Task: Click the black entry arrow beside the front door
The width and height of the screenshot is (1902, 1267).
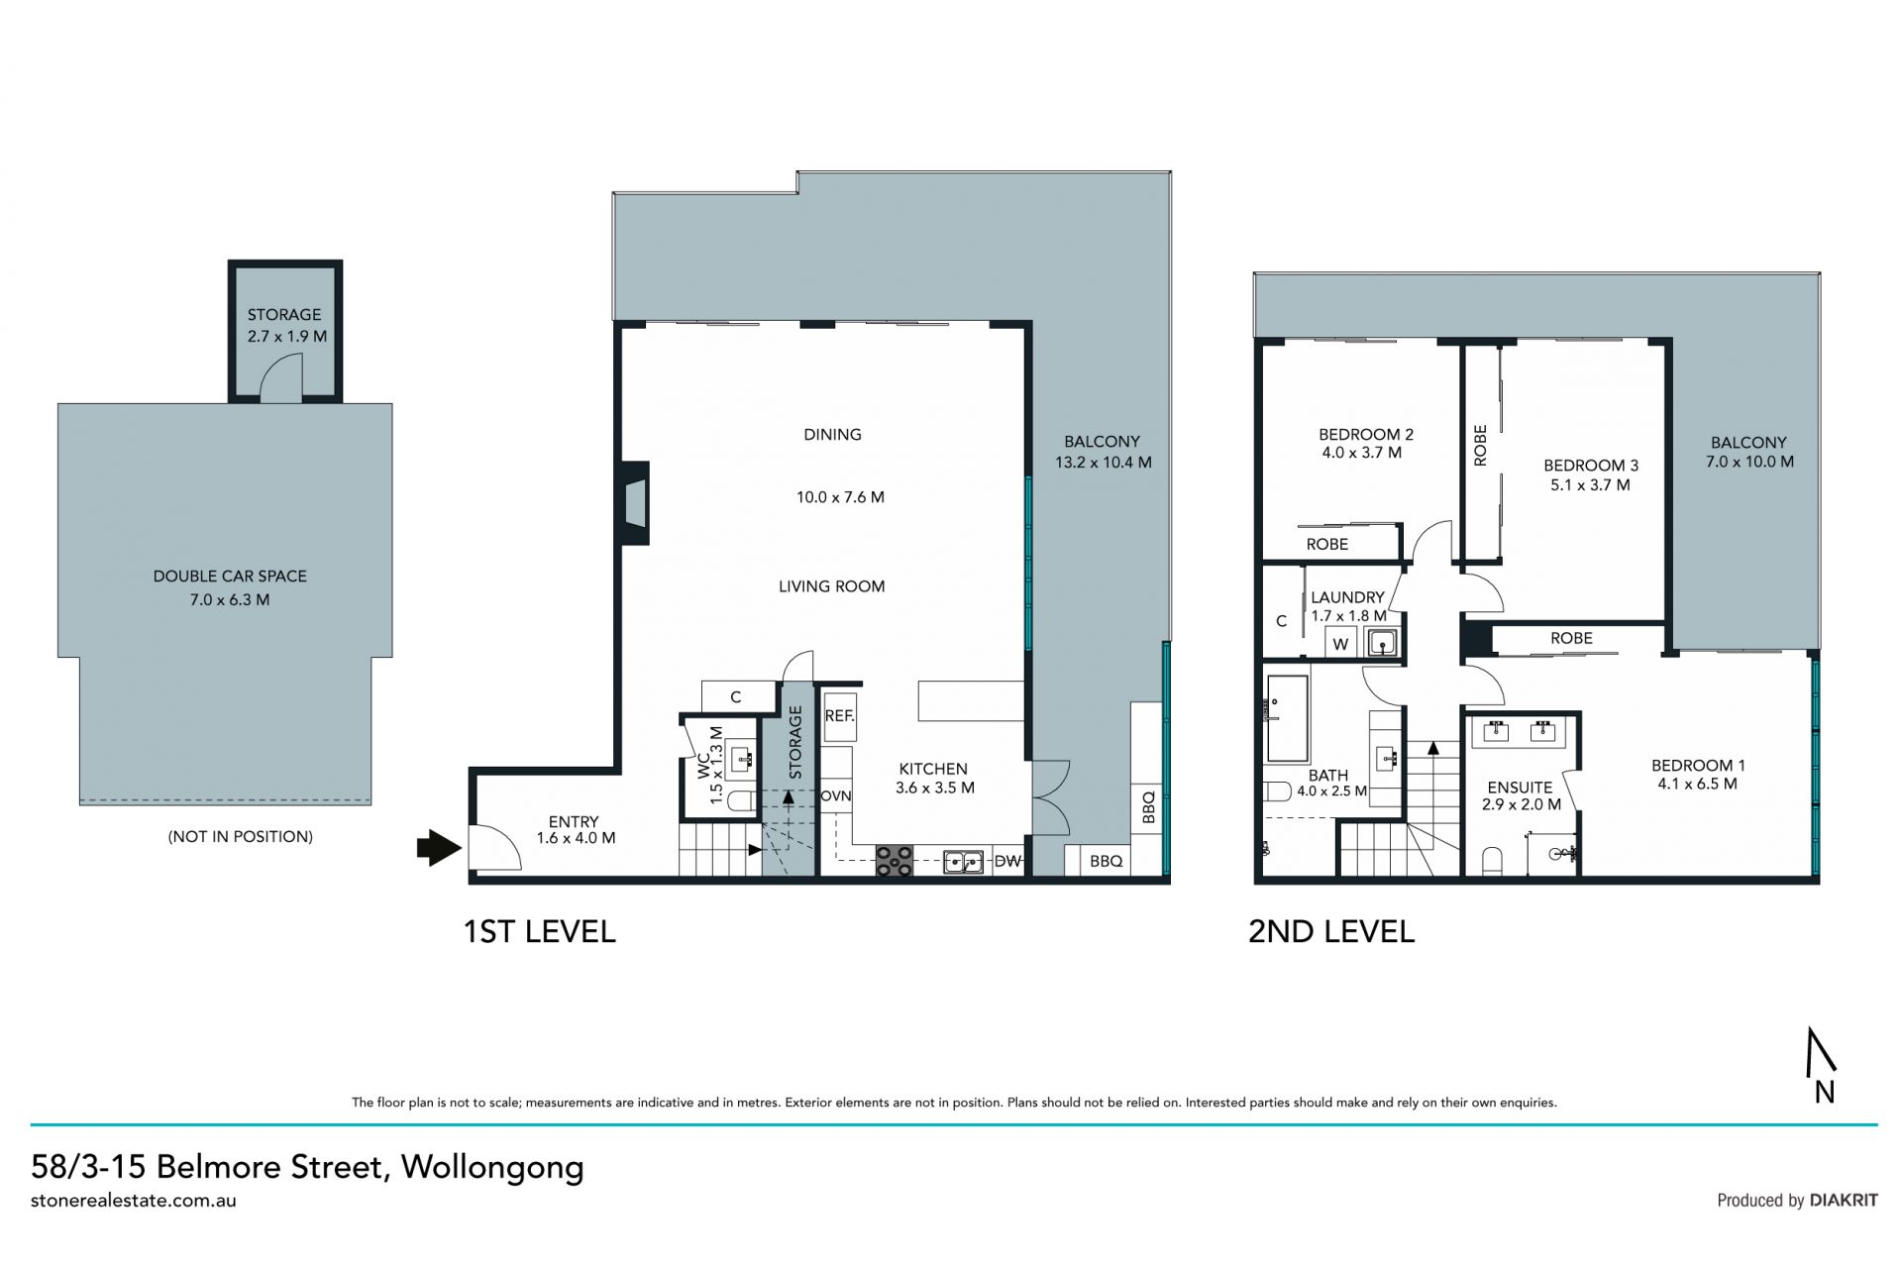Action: tap(439, 847)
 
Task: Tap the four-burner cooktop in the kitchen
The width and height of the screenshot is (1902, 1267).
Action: tap(895, 860)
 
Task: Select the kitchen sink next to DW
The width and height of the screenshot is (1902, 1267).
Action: tap(963, 862)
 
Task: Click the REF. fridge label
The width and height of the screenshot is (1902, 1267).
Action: tap(839, 714)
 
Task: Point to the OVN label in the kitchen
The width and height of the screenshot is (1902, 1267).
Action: tap(836, 795)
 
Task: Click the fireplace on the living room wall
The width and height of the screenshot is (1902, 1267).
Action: tap(635, 502)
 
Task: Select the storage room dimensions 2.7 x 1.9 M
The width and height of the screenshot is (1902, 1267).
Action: tap(287, 336)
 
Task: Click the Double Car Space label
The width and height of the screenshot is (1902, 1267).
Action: tap(230, 576)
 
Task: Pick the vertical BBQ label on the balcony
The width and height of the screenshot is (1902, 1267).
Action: tap(1149, 807)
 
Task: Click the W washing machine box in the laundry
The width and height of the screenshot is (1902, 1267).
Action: tap(1340, 643)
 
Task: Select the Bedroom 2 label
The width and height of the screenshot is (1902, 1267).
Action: tap(1366, 434)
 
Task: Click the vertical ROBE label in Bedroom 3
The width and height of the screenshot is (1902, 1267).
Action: tap(1480, 445)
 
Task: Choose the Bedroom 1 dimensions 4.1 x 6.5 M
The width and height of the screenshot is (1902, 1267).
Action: tap(1697, 784)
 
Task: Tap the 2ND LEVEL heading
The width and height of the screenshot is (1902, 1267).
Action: tap(1331, 931)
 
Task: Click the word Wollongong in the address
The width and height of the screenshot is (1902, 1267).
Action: tap(492, 1168)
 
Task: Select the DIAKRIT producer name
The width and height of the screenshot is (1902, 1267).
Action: tap(1844, 1200)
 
